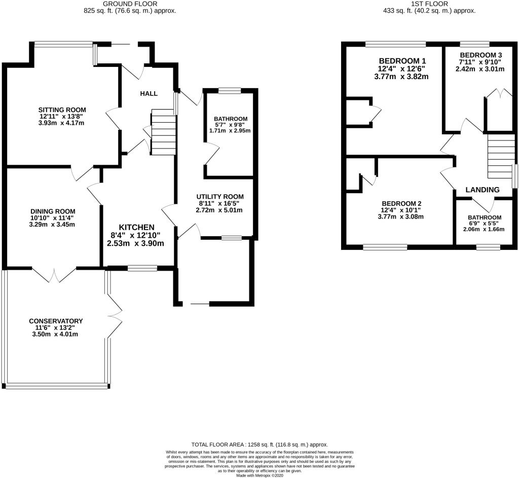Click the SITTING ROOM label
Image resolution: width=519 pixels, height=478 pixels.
pos(62,109)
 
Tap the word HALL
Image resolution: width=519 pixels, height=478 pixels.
pos(149,94)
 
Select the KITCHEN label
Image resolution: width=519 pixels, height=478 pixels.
pos(137,228)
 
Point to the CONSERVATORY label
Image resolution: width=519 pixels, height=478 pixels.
pos(56,321)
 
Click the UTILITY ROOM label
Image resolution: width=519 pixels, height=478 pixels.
pos(220,197)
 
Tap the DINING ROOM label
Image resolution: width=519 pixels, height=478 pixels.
pos(53,211)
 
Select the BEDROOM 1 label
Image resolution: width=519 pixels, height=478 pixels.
pos(402,61)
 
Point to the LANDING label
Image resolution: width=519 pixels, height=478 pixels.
pos(483,190)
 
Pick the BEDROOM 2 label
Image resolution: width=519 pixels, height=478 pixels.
pos(401,204)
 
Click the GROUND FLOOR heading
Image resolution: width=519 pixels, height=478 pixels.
pos(130,4)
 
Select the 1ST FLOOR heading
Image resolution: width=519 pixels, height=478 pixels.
pos(429,4)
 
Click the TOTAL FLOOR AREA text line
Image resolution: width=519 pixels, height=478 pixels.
pos(259,445)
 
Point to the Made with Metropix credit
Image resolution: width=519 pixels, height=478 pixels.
pos(259,475)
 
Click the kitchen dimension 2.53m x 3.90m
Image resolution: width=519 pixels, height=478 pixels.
pos(135,243)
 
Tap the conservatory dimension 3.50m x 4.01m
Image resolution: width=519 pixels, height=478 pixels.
pos(55,334)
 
